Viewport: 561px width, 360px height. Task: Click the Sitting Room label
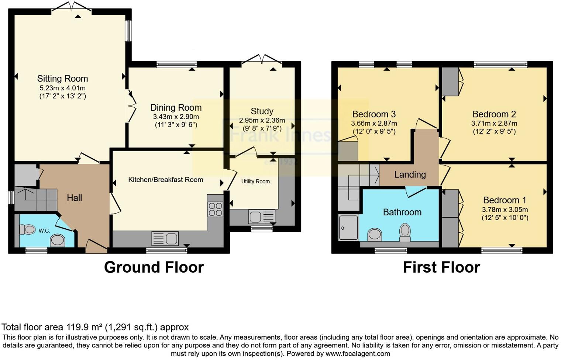(62, 79)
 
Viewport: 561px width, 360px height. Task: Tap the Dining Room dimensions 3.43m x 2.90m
(176, 117)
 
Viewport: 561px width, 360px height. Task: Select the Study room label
(262, 111)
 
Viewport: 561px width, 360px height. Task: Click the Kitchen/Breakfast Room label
(166, 180)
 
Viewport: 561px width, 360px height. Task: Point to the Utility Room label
(255, 181)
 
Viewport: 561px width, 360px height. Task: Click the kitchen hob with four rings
(215, 209)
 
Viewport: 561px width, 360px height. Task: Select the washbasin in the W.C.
(58, 241)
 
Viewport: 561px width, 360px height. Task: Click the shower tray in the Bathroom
(348, 228)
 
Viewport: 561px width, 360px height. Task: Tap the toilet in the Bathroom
(405, 232)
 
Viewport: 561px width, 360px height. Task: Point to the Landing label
(410, 174)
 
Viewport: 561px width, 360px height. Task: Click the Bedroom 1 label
(505, 200)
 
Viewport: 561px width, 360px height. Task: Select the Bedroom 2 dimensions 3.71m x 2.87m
(494, 124)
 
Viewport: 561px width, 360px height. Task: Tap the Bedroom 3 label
(374, 114)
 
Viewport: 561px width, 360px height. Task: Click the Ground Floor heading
(154, 267)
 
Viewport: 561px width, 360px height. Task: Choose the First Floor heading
(441, 267)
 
